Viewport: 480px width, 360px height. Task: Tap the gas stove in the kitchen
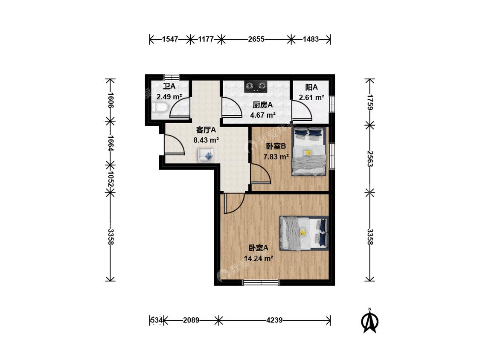coord(256,86)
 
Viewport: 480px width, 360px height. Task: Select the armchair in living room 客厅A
coord(206,155)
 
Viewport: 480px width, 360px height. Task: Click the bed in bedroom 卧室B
coord(309,151)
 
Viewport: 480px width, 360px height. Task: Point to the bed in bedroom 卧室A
coord(304,233)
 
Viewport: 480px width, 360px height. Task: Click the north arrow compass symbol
coord(370,320)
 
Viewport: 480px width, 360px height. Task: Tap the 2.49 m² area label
coord(169,97)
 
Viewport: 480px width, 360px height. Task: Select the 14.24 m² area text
coord(259,258)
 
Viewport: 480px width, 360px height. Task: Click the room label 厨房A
coord(263,105)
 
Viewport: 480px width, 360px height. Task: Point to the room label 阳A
coord(311,87)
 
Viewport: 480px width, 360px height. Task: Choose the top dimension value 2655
coord(256,39)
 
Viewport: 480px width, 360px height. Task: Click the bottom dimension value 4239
coord(274,320)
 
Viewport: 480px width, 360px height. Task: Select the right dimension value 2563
coord(370,159)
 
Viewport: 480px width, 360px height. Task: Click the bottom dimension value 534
coord(157,320)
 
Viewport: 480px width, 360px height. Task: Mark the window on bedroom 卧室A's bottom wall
coord(261,282)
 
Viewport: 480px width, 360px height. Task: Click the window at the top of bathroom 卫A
coord(172,77)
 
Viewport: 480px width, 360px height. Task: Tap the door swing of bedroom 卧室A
coord(234,203)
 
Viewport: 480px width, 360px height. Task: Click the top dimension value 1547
coord(170,39)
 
